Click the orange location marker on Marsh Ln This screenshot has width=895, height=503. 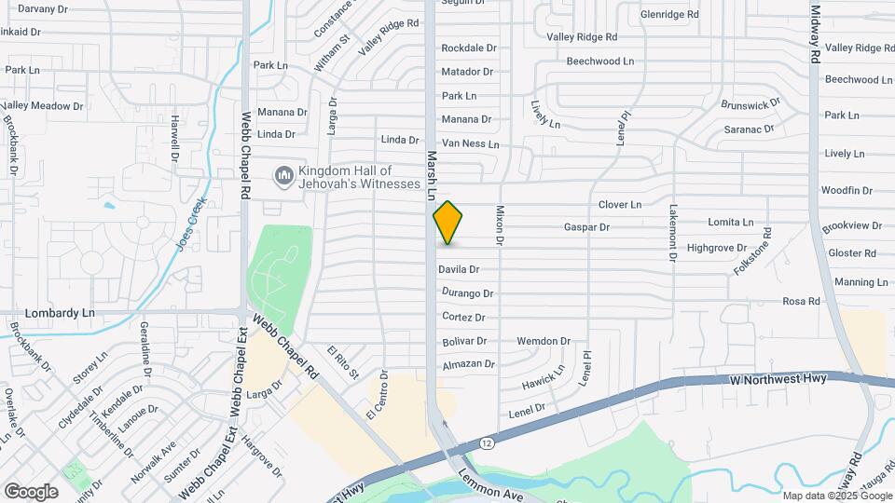[x=448, y=222]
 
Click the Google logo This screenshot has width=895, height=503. [x=31, y=491]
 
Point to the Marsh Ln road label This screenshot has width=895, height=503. [x=432, y=177]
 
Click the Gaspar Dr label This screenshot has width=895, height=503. [x=586, y=226]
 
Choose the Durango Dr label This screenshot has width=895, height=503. [x=467, y=293]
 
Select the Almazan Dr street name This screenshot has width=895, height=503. [x=468, y=364]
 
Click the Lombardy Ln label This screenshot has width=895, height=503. [x=62, y=314]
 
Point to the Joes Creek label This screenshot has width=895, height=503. [x=190, y=224]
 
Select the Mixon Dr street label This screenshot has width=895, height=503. [x=500, y=225]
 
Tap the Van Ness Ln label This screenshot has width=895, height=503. [x=470, y=143]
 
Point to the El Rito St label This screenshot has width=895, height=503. [x=342, y=363]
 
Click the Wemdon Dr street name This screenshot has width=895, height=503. [x=543, y=342]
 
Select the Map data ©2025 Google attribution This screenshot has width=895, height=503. [x=836, y=496]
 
